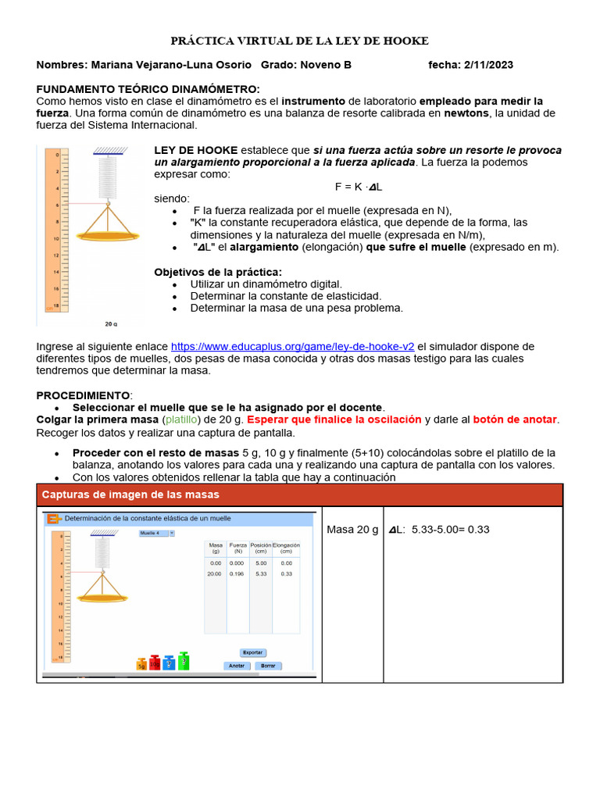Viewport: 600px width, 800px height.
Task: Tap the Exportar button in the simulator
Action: click(x=252, y=652)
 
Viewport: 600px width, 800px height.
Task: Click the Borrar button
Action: click(x=268, y=666)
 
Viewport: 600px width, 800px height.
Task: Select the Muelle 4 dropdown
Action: click(x=156, y=534)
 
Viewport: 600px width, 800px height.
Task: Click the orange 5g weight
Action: click(x=141, y=664)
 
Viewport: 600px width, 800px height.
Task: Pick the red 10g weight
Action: click(x=155, y=662)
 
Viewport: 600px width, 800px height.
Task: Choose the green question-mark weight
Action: click(x=184, y=661)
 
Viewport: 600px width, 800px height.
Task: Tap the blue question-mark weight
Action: click(x=169, y=663)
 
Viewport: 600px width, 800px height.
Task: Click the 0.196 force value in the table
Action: click(x=237, y=573)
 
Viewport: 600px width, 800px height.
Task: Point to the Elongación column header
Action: click(x=286, y=547)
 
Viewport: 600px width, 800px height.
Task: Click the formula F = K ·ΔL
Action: click(x=358, y=187)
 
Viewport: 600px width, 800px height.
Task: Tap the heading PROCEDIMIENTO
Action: click(x=84, y=396)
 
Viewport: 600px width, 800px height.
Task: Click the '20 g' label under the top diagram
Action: click(x=110, y=323)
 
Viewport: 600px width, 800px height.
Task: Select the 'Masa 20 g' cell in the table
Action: click(x=352, y=530)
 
